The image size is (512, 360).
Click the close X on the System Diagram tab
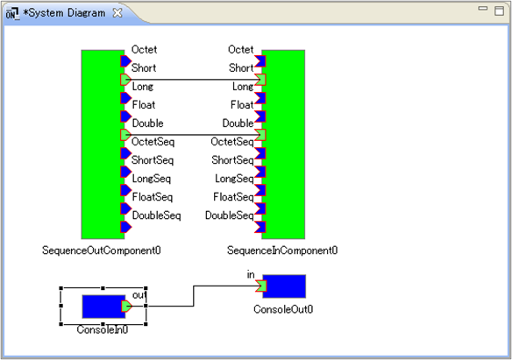pos(117,13)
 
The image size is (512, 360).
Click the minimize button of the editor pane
pos(482,9)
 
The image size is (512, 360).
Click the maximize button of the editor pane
pos(499,11)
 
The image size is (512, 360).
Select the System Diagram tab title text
pos(64,13)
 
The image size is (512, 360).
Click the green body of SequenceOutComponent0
pos(103,145)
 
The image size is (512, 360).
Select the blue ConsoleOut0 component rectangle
pos(284,286)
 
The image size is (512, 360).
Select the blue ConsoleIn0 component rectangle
pos(103,307)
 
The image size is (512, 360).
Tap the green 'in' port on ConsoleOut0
pos(261,286)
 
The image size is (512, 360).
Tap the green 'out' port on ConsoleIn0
pos(126,307)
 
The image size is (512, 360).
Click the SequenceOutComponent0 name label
pos(101,251)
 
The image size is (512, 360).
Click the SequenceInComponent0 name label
pos(282,251)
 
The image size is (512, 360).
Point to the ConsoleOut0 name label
pos(283,309)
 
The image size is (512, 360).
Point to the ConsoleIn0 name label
pos(103,329)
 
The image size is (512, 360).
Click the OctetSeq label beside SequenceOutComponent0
pos(153,142)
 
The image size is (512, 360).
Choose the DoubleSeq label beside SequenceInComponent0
pos(229,215)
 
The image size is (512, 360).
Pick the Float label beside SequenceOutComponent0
pos(144,105)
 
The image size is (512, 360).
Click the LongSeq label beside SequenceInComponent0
pos(234,179)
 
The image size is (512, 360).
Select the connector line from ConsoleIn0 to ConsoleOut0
pos(194,296)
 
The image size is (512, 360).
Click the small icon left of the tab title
pos(12,13)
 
